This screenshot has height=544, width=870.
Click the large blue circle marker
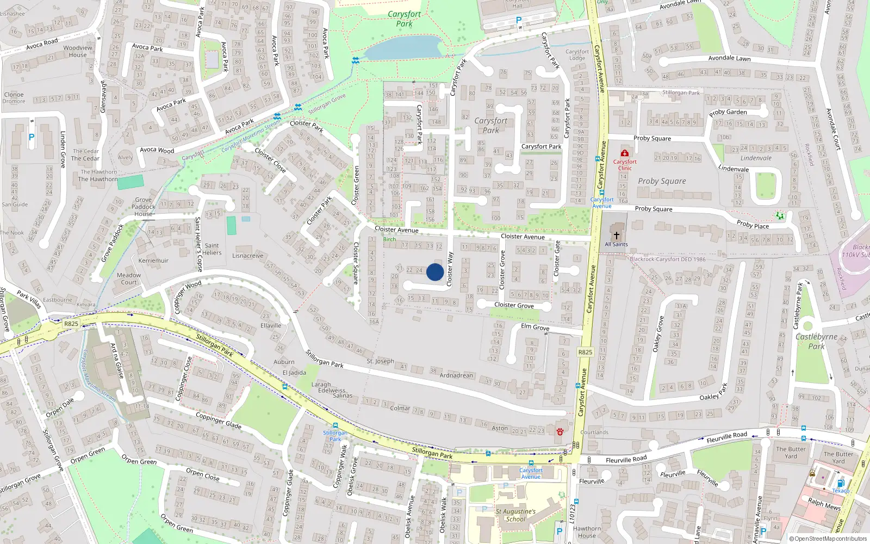click(x=435, y=272)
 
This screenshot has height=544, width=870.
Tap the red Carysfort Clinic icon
click(x=625, y=153)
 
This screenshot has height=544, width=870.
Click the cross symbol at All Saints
click(x=616, y=236)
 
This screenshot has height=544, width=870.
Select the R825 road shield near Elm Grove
click(x=585, y=352)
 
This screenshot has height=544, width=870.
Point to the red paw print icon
click(x=560, y=431)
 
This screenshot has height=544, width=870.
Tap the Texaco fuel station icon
click(x=841, y=483)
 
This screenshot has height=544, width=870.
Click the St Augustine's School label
click(x=515, y=515)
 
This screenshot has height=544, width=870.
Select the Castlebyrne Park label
click(x=816, y=341)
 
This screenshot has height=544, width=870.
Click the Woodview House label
click(x=78, y=51)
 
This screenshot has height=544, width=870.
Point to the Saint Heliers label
click(x=212, y=249)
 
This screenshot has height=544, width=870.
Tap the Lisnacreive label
click(x=247, y=256)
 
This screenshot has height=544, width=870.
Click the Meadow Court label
click(x=129, y=279)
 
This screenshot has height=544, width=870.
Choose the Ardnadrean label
click(x=456, y=375)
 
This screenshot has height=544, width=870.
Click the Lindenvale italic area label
click(x=756, y=158)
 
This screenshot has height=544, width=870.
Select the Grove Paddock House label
click(x=144, y=207)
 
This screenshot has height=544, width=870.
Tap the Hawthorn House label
click(x=587, y=532)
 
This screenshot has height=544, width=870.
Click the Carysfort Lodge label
click(x=577, y=55)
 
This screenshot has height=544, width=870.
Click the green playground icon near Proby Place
click(x=780, y=216)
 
